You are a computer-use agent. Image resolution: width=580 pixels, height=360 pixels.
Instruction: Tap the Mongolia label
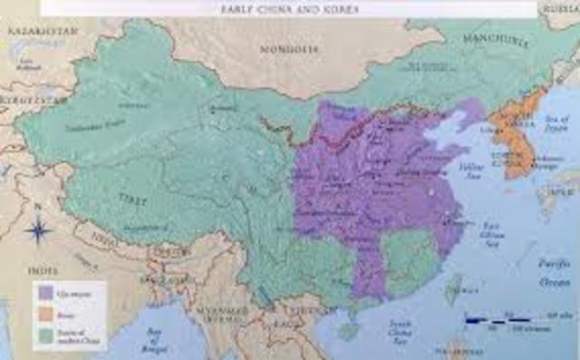(x=277, y=51)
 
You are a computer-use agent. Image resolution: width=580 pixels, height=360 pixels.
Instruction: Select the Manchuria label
(x=497, y=41)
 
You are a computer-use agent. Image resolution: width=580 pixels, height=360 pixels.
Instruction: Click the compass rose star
(x=37, y=232)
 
